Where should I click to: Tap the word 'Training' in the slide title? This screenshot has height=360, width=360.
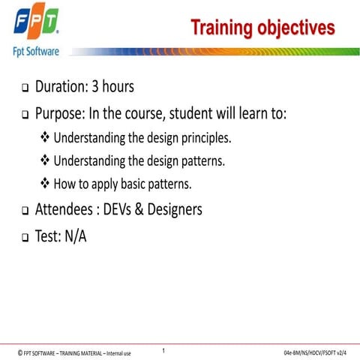(221, 28)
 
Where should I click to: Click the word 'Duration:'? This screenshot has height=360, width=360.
(61, 87)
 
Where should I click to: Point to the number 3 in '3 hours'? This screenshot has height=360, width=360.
(95, 87)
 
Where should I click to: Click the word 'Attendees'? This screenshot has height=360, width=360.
(64, 210)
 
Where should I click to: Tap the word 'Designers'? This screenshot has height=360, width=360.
(172, 210)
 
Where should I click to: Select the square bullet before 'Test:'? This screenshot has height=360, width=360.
(24, 238)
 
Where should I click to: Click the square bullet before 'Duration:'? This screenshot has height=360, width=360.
(24, 88)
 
